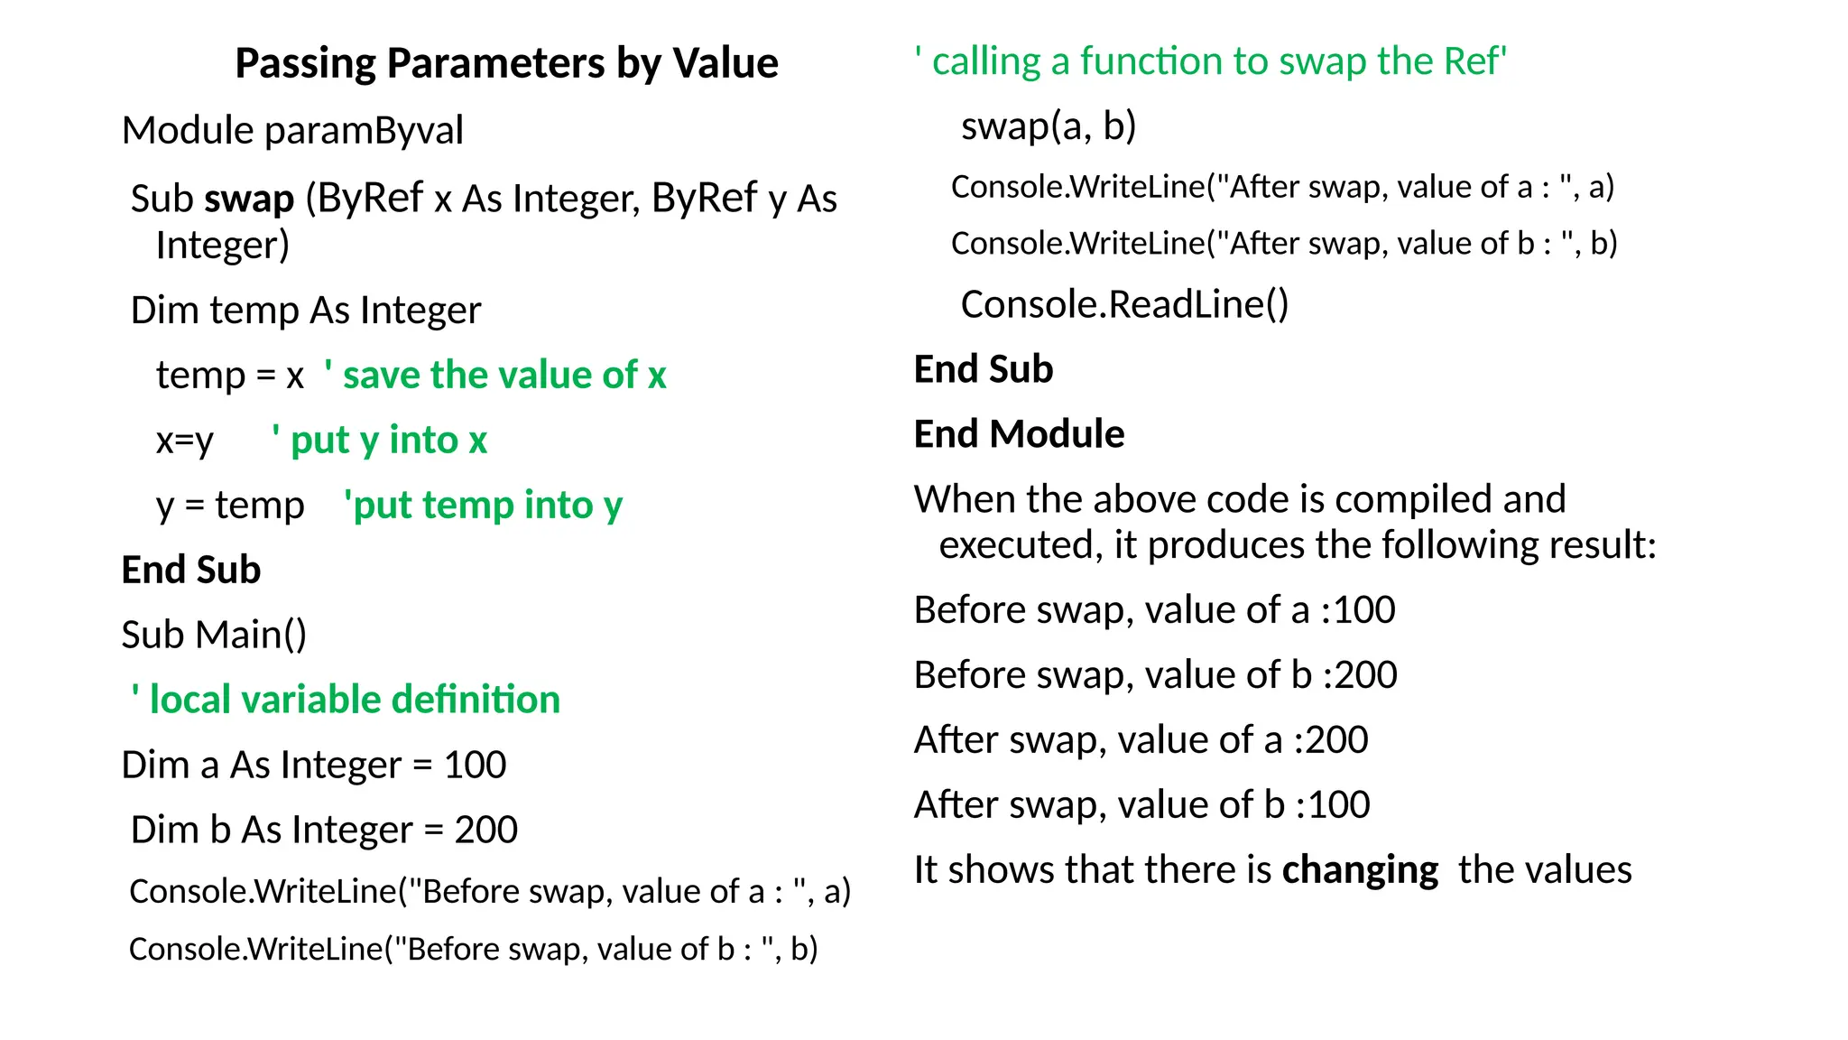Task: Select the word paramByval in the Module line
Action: [x=364, y=131]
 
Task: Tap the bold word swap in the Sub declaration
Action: [x=249, y=199]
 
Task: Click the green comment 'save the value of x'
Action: [x=495, y=375]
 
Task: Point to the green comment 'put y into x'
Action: [x=380, y=441]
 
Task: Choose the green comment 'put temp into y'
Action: [x=483, y=506]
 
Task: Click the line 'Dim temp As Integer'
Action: [x=306, y=311]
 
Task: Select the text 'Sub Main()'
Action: [x=214, y=635]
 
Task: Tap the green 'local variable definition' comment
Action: [x=346, y=700]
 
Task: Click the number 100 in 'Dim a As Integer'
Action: [x=475, y=765]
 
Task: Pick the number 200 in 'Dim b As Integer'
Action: [x=485, y=830]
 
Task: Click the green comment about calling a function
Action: [x=1210, y=61]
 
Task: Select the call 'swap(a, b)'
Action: [x=1049, y=125]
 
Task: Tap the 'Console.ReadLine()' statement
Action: [x=1124, y=304]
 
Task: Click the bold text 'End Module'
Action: [x=1019, y=434]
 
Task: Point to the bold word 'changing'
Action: [x=1360, y=870]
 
